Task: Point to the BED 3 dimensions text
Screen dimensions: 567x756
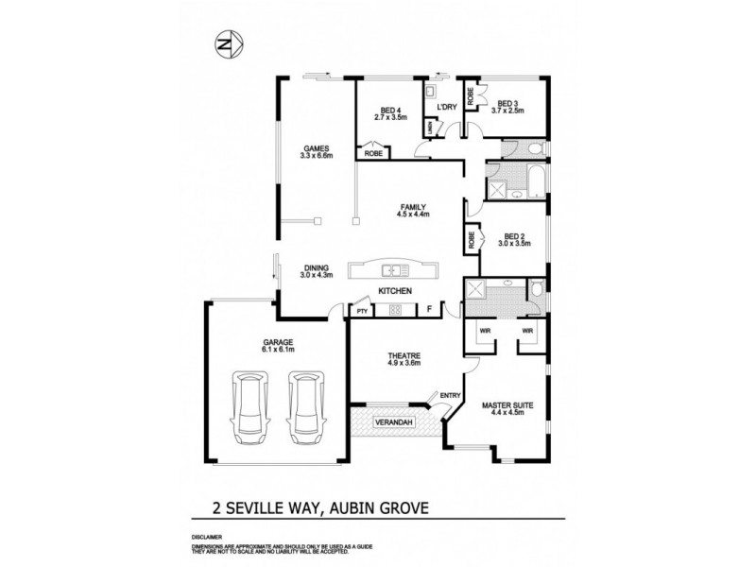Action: (507, 111)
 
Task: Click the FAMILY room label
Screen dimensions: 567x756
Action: (413, 207)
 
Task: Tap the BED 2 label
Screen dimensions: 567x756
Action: (514, 236)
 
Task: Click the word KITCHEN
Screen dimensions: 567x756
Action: (394, 291)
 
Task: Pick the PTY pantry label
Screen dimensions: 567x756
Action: (362, 310)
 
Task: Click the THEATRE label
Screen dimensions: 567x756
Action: (404, 355)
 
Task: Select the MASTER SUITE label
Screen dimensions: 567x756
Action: (507, 405)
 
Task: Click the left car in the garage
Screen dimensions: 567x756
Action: (252, 403)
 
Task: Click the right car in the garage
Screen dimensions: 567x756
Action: (307, 403)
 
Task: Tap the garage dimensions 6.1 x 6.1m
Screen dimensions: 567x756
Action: (280, 350)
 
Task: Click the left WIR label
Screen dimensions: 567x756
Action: (484, 331)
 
